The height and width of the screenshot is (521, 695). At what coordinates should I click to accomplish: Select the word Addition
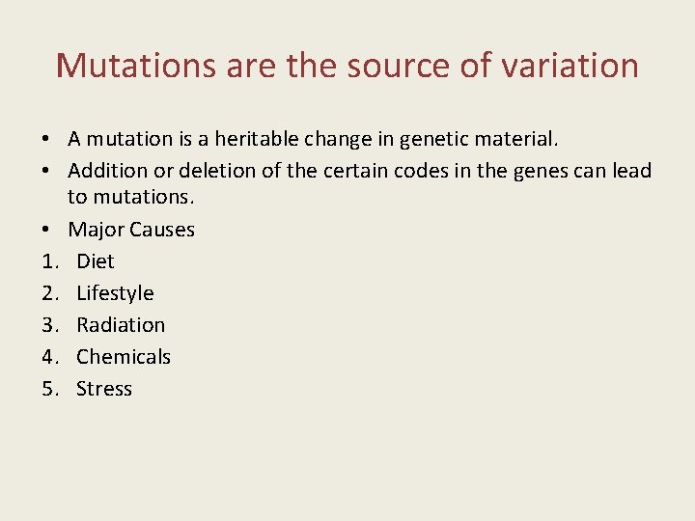coord(108,172)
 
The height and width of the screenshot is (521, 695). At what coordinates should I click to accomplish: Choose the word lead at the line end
coord(631,172)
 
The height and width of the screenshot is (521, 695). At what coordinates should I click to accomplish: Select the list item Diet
coord(96,261)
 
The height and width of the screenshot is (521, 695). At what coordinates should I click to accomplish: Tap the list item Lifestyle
coord(115,293)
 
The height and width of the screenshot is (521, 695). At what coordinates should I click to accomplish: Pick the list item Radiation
coord(121,325)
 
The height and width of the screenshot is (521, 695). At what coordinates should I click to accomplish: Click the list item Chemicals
coord(124,357)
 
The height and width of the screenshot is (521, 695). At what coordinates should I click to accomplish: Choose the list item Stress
coord(104,389)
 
